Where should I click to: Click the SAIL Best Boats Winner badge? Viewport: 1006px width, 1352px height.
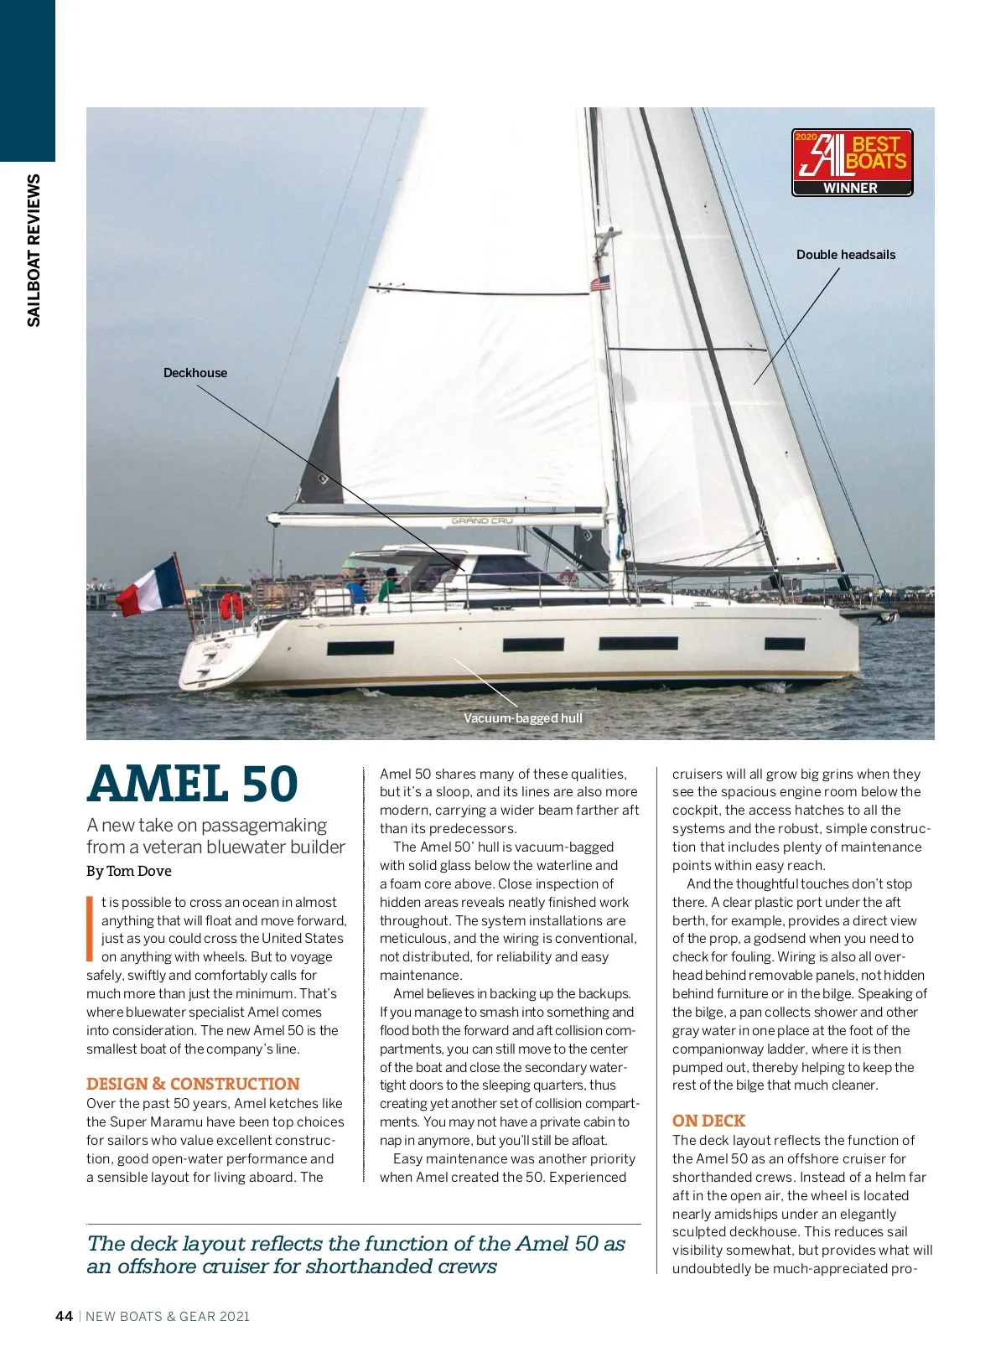[852, 163]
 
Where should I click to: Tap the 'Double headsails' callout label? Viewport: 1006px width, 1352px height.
[845, 255]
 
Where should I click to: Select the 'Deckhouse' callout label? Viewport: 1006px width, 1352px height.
[195, 373]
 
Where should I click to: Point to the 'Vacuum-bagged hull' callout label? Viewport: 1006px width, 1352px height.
[522, 718]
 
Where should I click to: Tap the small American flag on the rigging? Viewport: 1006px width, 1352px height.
[600, 283]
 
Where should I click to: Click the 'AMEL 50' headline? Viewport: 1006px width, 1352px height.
[193, 785]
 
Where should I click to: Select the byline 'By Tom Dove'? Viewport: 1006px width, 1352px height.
[128, 871]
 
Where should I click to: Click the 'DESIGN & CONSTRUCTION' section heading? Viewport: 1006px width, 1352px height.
[193, 1084]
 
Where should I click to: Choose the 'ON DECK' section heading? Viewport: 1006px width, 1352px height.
[708, 1121]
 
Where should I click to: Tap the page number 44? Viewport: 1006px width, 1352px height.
[64, 1316]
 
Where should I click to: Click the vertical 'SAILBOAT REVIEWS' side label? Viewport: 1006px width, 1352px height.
[34, 250]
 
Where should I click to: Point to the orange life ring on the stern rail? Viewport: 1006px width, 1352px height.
[231, 604]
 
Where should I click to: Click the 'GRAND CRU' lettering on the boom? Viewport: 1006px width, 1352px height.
[482, 521]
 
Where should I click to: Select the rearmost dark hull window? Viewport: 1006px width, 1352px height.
[360, 648]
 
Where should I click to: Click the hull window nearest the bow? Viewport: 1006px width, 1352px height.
[785, 644]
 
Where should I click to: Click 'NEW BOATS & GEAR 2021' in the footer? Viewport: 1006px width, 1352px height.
[168, 1316]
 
